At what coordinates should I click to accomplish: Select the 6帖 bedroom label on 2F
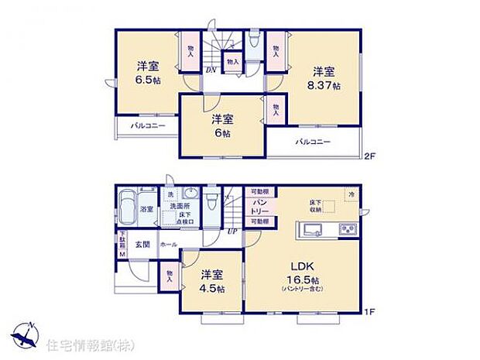point(223,132)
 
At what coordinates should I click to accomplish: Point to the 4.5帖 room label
point(211,289)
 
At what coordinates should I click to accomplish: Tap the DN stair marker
point(210,70)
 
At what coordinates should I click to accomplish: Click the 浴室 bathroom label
point(146,210)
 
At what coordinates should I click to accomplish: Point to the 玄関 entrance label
point(142,244)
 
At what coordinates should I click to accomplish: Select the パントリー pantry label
point(260,206)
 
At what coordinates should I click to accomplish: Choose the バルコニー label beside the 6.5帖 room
point(147,125)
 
